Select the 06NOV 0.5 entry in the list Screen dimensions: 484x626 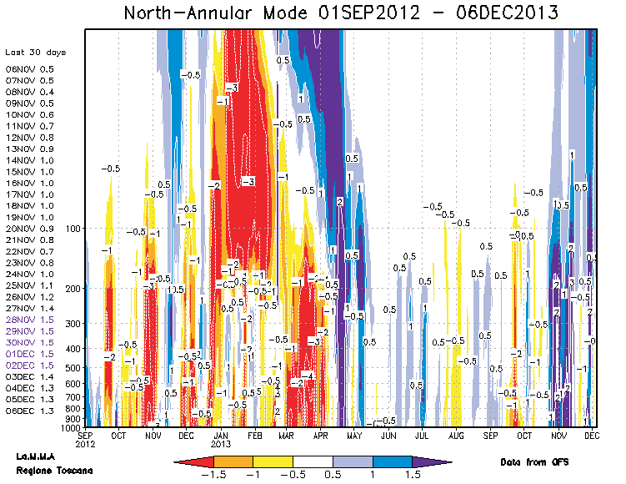tap(29, 69)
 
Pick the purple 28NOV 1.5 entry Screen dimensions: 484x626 tap(29, 320)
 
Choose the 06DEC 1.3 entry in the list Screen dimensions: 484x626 tap(29, 411)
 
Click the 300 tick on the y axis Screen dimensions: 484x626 tap(73, 324)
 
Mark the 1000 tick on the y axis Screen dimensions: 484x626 tap(72, 427)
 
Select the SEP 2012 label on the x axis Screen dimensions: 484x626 tap(86, 440)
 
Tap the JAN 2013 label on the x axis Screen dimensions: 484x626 tap(221, 440)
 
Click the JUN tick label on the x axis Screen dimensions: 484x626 tap(388, 436)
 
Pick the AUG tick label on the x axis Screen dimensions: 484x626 tap(456, 436)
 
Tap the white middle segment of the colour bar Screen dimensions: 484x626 tap(313, 461)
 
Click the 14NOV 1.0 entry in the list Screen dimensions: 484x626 tap(29, 160)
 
